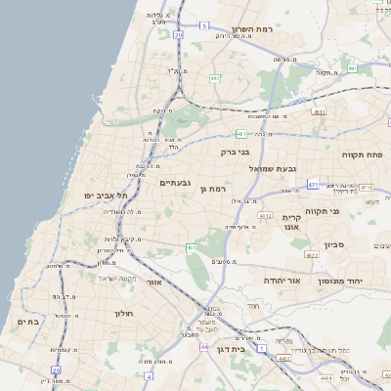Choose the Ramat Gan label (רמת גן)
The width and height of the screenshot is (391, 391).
[x=213, y=189]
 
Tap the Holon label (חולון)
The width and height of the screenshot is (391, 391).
[x=123, y=314]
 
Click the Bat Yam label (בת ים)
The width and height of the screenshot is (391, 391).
[x=27, y=322]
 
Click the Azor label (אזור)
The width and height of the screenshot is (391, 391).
[x=153, y=282]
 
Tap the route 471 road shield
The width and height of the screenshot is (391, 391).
[x=313, y=184]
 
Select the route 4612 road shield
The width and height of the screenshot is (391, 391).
[x=265, y=215]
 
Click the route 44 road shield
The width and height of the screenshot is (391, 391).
[x=204, y=347]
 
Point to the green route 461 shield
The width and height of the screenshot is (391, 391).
[x=192, y=249]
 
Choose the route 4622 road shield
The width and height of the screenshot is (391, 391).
[x=311, y=255]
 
